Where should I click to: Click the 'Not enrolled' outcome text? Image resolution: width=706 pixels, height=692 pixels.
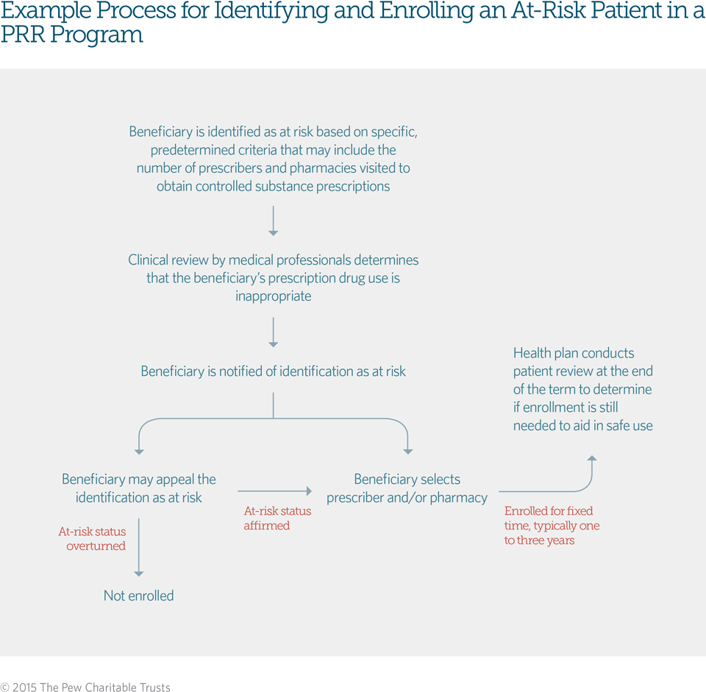[138, 596]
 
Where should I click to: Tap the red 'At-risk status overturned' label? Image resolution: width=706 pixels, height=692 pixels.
[92, 538]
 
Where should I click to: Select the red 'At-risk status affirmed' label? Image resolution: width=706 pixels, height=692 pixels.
[277, 518]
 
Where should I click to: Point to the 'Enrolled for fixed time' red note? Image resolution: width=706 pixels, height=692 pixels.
[552, 525]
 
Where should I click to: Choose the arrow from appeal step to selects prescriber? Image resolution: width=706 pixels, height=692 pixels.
[274, 491]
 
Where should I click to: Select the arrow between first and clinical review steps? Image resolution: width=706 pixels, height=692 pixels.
[273, 221]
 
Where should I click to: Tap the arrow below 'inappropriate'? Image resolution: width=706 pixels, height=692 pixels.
[273, 332]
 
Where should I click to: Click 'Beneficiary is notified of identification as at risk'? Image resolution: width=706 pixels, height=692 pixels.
[273, 371]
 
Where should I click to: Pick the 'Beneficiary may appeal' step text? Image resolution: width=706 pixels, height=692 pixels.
[139, 488]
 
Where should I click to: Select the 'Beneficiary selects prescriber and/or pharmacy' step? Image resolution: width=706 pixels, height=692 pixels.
[407, 488]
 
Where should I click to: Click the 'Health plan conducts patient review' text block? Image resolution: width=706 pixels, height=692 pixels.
[582, 389]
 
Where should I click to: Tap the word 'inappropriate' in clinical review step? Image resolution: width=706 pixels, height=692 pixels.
[273, 296]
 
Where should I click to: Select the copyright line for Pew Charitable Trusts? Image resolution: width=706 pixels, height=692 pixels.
[85, 688]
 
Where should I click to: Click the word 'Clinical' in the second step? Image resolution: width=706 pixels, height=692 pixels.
[151, 260]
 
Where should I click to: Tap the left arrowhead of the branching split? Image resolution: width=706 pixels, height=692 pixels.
[138, 451]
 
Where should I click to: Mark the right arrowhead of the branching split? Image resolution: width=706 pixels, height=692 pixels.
[407, 451]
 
